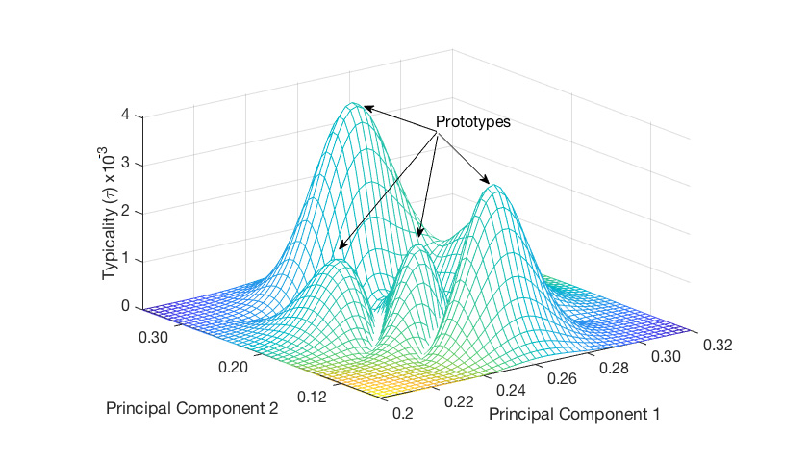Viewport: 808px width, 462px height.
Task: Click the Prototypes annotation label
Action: tap(473, 123)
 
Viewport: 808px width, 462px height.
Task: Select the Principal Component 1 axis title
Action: tap(574, 415)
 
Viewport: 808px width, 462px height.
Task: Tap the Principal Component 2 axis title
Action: tap(193, 409)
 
